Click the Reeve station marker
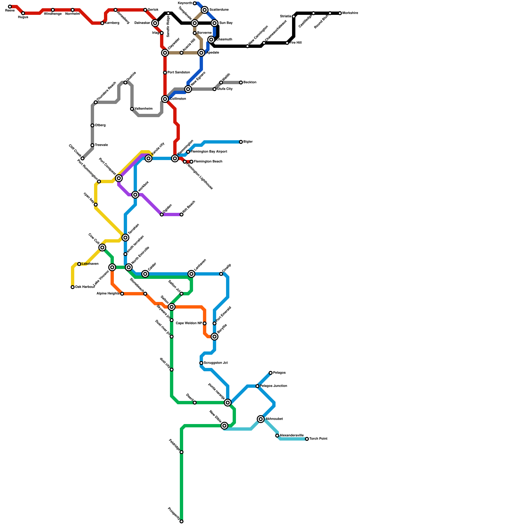(x=10, y=7)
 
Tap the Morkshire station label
(x=350, y=13)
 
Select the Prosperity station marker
(x=181, y=521)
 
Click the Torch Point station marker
(x=307, y=439)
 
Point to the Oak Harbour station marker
(x=73, y=287)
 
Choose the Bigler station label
(x=248, y=142)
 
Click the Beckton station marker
(x=241, y=82)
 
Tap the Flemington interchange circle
(x=175, y=158)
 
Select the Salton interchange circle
(x=172, y=307)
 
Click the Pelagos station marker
(x=271, y=373)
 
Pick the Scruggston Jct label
(x=215, y=363)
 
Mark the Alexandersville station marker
(x=277, y=436)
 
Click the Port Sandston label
(x=179, y=73)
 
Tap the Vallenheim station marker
(x=132, y=109)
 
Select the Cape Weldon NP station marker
(x=205, y=323)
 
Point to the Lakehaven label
(x=90, y=264)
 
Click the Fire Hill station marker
(x=287, y=43)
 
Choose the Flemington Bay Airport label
(x=209, y=152)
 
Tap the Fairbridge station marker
(x=181, y=452)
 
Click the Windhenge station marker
(x=53, y=10)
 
